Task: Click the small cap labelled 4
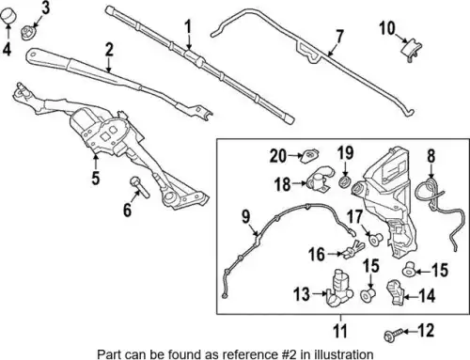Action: (x=8, y=16)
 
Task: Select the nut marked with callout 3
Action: (x=29, y=33)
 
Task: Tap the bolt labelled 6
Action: (x=140, y=187)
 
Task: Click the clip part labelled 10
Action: (x=412, y=49)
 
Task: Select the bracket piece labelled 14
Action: (x=397, y=292)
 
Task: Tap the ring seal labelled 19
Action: (x=346, y=181)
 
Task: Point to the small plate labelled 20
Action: (x=310, y=155)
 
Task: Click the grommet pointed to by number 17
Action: (x=375, y=238)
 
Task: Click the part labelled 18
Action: (x=320, y=180)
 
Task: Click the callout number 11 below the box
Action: (x=340, y=331)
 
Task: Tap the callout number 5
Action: (x=96, y=178)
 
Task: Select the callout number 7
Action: (x=339, y=38)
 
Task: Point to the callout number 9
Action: (x=246, y=217)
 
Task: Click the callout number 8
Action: (x=431, y=156)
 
